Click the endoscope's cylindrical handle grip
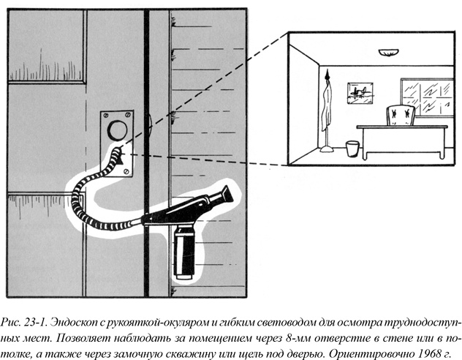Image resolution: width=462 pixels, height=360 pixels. pyautogui.click(x=184, y=251)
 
